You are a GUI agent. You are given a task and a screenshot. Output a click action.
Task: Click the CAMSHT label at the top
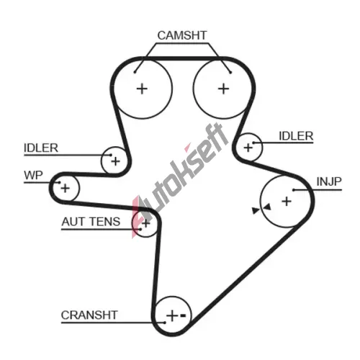[182, 35]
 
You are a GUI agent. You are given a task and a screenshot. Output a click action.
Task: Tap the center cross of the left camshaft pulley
[142, 89]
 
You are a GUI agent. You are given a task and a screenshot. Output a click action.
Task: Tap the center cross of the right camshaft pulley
[224, 89]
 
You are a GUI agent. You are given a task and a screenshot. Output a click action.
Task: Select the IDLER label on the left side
[41, 148]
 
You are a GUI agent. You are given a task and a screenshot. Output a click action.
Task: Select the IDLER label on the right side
[296, 136]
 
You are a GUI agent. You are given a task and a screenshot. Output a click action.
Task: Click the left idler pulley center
[115, 161]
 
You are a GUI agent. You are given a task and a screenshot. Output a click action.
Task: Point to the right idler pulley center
[248, 148]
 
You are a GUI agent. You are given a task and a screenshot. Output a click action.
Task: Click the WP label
[33, 175]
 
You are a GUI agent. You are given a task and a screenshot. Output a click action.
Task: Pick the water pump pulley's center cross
[65, 188]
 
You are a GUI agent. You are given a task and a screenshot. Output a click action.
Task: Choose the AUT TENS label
[91, 222]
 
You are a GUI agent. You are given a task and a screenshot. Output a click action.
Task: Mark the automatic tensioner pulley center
[145, 223]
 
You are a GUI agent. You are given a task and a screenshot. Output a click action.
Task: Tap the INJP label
[329, 181]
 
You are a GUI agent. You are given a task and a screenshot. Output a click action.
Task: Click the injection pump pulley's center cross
[287, 201]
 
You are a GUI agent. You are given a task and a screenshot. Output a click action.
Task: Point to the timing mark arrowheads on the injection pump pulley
[261, 209]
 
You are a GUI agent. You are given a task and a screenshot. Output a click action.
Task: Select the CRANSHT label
[89, 315]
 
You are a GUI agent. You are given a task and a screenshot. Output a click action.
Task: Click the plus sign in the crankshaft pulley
[172, 315]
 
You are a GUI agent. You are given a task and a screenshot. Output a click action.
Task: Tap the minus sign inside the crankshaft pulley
[183, 315]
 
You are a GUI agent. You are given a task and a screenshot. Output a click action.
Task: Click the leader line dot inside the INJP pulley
[294, 190]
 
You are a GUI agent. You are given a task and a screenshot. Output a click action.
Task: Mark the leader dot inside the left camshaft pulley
[135, 72]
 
